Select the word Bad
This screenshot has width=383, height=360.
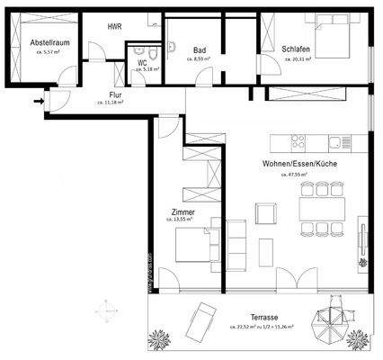[199, 50]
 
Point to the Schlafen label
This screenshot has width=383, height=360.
[295, 50]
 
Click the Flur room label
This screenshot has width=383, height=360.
[115, 94]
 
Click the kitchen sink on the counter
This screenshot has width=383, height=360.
[339, 142]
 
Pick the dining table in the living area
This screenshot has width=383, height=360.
[322, 208]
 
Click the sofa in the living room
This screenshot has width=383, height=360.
[236, 243]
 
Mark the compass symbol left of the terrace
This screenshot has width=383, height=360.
[107, 307]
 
